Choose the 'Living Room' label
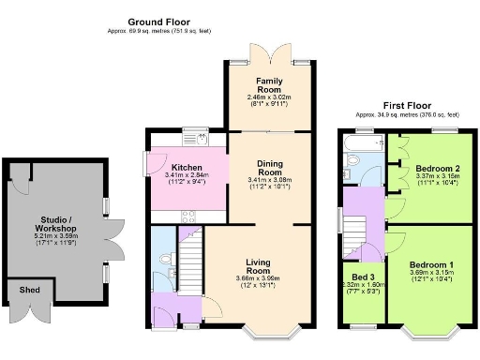pos(260,266)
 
